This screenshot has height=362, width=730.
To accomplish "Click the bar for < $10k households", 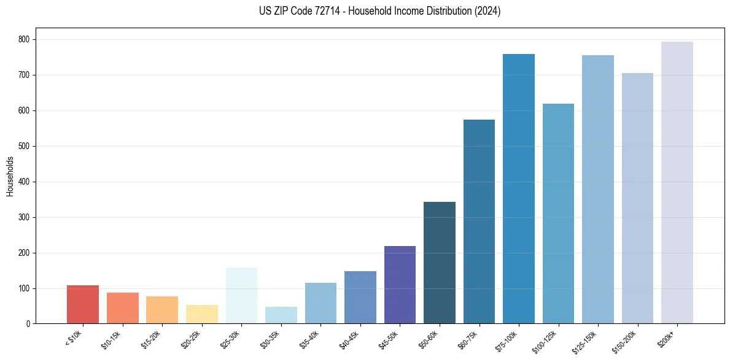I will [82, 304].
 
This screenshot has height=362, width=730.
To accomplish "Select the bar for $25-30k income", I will [241, 295].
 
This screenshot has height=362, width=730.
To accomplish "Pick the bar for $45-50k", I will [400, 285].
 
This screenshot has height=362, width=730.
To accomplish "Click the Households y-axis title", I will [10, 176].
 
